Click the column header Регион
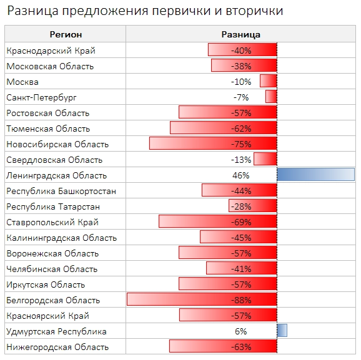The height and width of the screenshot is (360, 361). [x=66, y=34]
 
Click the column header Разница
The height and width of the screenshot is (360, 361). [x=240, y=34]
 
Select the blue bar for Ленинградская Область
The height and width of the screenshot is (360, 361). [x=315, y=175]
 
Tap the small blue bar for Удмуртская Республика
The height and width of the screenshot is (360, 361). [x=282, y=331]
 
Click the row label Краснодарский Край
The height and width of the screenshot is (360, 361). [x=51, y=51]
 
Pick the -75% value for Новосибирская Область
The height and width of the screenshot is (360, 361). [x=240, y=144]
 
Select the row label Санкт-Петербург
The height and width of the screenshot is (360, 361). [x=42, y=97]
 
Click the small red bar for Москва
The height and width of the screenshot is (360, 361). [x=268, y=82]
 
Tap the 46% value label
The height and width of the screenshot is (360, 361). [x=240, y=175]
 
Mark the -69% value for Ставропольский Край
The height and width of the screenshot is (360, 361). [x=240, y=222]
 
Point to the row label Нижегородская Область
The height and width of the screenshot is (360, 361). [x=57, y=347]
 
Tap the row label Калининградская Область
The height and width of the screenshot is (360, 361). [x=62, y=238]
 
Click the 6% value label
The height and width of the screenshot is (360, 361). [x=240, y=331]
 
